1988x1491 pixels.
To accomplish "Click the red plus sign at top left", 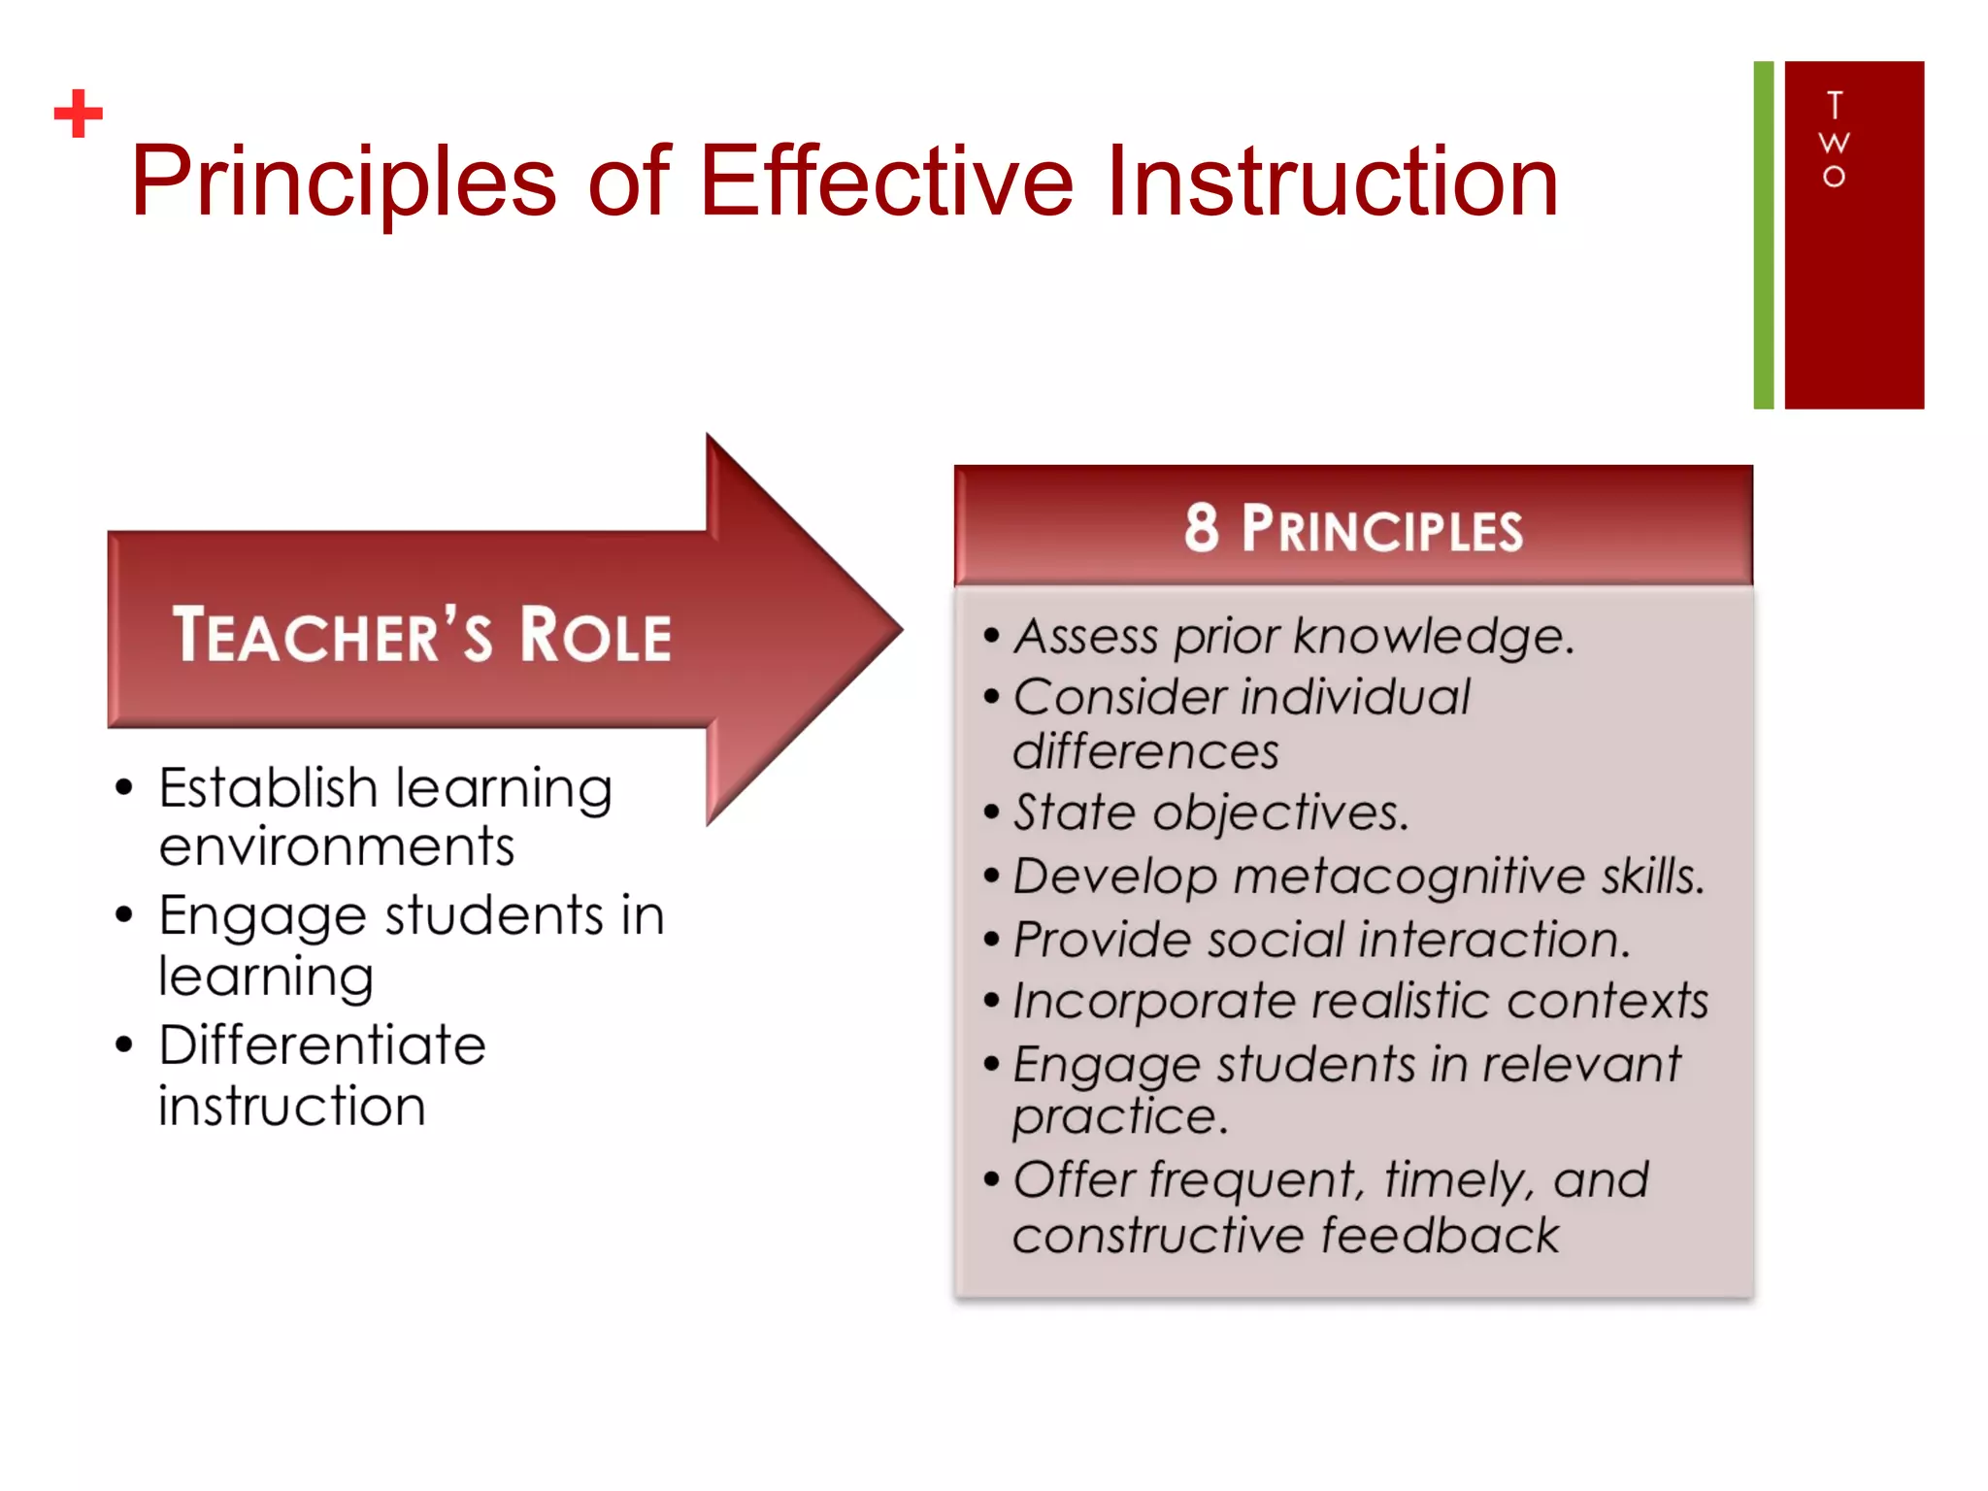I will coord(79,114).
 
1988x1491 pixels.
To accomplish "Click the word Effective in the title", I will coord(885,182).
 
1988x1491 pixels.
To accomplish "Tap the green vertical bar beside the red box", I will coord(1763,235).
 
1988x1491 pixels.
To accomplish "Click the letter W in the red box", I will coord(1834,143).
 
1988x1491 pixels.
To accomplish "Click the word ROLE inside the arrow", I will coord(595,636).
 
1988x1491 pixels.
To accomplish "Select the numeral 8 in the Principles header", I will coord(1201,528).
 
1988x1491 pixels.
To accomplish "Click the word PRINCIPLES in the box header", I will coord(1382,530).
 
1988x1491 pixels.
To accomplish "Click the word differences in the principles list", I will coord(1145,752).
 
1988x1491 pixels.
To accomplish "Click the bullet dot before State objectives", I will coord(991,812).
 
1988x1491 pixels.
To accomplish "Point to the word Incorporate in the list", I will coord(1153,1002).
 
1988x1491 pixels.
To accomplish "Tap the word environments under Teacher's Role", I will coord(337,846).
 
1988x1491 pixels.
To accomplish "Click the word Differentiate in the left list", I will coord(322,1045).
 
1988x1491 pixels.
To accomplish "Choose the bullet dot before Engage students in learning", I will coord(123,914).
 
